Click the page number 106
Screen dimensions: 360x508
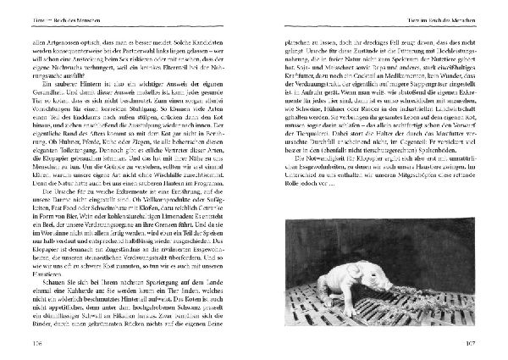(38, 344)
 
